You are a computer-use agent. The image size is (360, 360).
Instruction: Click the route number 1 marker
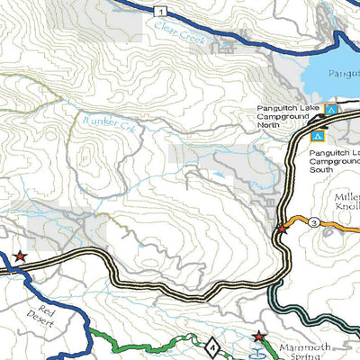point(159,11)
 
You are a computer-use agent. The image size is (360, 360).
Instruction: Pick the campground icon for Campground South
point(317,137)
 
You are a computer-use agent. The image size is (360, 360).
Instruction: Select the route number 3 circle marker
point(314,222)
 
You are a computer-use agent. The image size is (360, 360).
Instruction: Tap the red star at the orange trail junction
point(282,229)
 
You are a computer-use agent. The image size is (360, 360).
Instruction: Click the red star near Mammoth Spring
point(259,337)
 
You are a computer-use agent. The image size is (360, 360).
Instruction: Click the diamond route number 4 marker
point(211,346)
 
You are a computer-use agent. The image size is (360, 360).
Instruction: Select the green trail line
point(135,346)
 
